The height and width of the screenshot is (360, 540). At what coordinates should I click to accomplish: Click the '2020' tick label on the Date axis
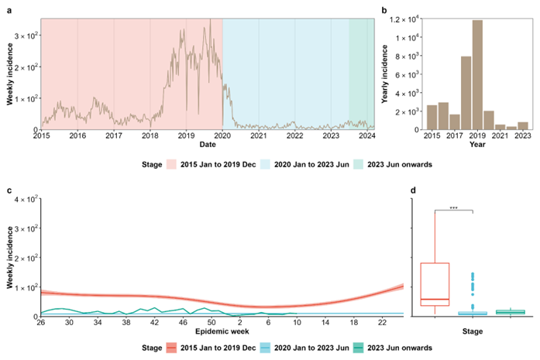(222, 135)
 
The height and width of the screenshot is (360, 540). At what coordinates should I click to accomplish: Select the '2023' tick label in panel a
(331, 135)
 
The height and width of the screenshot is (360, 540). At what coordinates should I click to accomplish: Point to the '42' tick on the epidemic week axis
(154, 322)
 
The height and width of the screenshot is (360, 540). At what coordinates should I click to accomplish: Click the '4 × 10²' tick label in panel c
(24, 200)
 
